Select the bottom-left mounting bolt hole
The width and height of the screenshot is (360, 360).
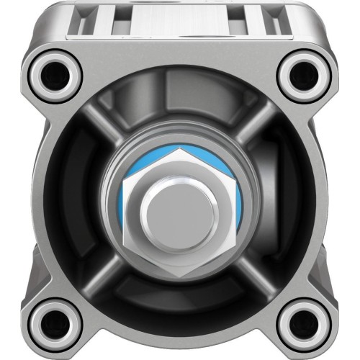click(x=53, y=322)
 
